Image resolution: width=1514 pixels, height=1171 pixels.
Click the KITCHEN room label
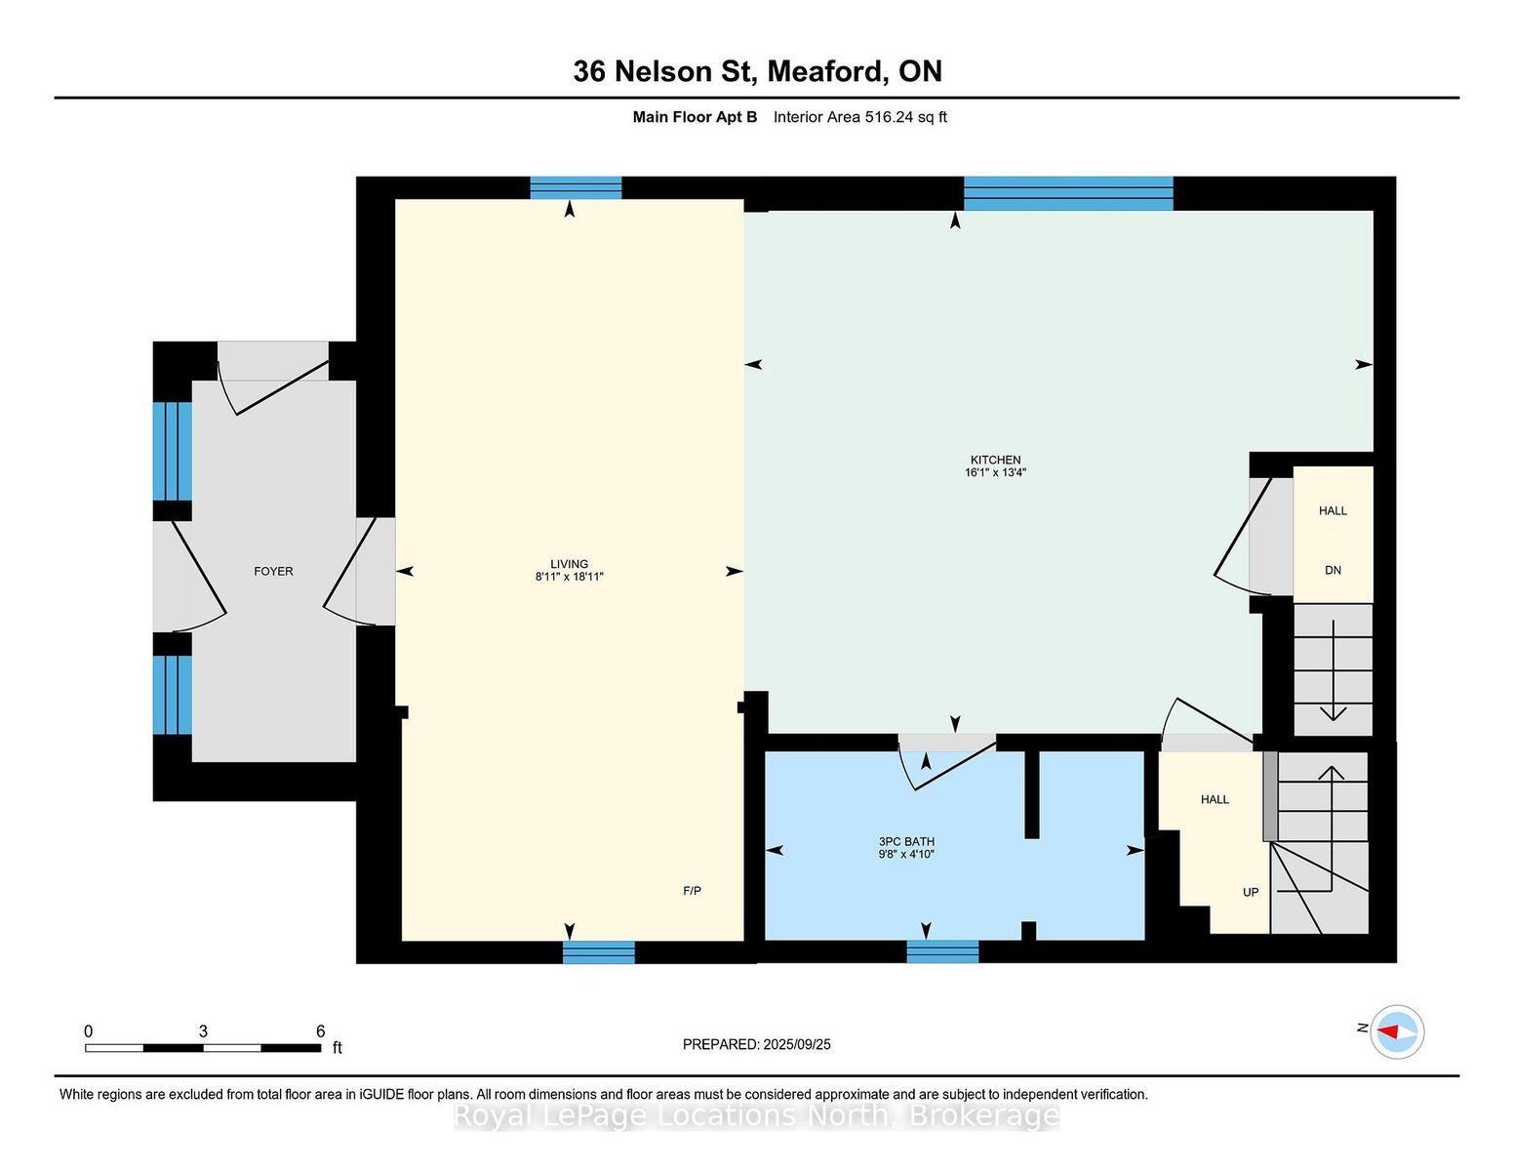tap(995, 460)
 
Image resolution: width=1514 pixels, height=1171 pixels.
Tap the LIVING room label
tap(570, 564)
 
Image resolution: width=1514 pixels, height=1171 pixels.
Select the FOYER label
tap(273, 571)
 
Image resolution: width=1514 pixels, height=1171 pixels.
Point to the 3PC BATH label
tap(906, 841)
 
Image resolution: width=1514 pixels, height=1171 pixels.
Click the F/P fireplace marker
tap(692, 890)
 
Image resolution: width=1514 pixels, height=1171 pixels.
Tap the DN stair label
tap(1333, 570)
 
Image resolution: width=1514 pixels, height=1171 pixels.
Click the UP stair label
tap(1251, 892)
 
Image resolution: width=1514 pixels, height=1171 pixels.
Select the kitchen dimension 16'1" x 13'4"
tap(995, 472)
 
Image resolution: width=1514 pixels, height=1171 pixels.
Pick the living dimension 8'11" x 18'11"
tap(570, 577)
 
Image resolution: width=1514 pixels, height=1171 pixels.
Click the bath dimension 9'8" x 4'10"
tap(906, 854)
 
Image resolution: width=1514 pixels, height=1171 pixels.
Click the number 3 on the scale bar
tap(204, 1031)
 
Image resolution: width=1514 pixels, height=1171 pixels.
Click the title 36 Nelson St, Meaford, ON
tap(757, 71)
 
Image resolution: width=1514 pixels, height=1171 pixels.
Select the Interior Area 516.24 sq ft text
tap(859, 117)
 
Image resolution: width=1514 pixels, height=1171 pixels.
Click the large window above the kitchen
tap(1068, 193)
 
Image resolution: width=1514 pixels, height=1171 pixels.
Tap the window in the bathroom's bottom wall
tap(942, 951)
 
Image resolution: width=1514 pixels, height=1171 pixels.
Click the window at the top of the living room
tap(576, 188)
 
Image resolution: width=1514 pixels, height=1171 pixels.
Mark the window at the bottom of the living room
tap(599, 952)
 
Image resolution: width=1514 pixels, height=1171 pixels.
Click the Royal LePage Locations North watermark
tap(757, 1116)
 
